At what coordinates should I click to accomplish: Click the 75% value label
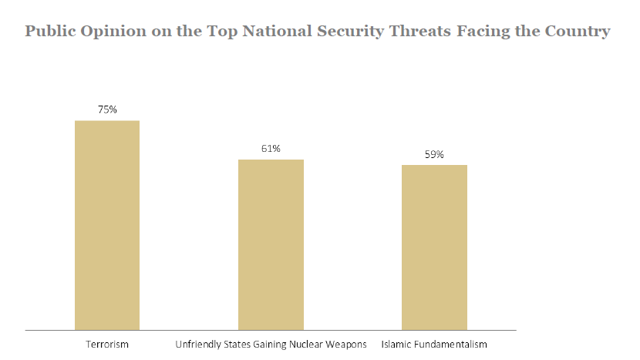coord(107,109)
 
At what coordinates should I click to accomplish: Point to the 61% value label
coord(271,149)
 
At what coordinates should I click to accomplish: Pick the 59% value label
coord(434,154)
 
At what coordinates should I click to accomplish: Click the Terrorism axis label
coord(107,343)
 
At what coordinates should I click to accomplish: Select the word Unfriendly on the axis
coord(197,343)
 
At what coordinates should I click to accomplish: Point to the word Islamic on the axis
coord(396,343)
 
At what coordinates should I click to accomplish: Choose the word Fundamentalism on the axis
coord(450,343)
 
